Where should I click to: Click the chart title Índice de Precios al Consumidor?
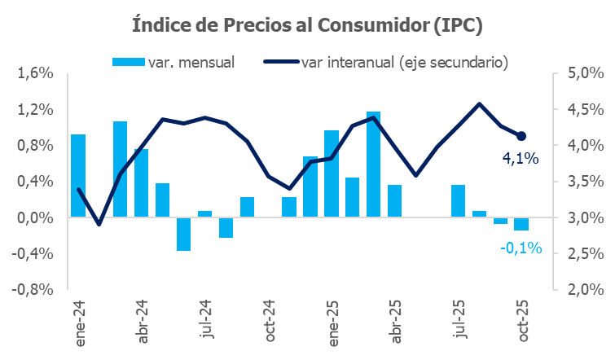tap(308, 25)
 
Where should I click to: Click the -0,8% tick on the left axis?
tap(33, 289)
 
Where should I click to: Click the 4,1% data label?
tap(520, 160)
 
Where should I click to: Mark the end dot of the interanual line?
tap(521, 136)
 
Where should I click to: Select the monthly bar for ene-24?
tap(78, 176)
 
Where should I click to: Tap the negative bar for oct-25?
tap(521, 224)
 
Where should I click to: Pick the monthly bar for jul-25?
tap(458, 201)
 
